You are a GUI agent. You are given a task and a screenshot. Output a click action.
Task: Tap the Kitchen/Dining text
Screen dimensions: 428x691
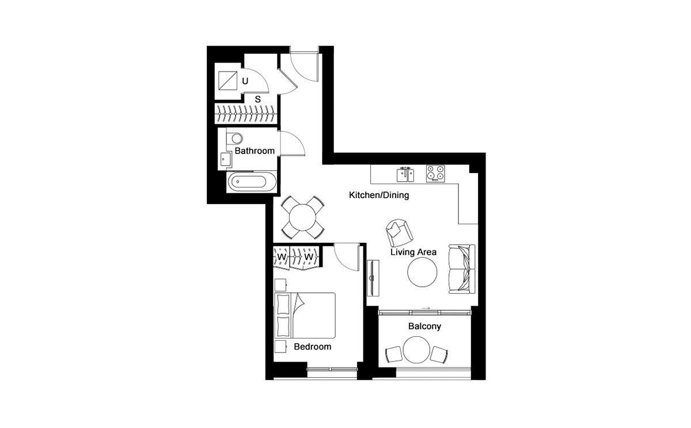pos(379,195)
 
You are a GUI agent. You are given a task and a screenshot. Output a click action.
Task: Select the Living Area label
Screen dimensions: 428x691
pos(413,252)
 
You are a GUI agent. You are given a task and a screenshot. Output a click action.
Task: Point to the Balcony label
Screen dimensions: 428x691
pos(424,326)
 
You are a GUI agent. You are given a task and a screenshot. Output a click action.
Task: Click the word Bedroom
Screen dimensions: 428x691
pos(312,347)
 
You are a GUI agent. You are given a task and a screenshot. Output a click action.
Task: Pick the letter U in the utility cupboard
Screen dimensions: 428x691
pos(245,81)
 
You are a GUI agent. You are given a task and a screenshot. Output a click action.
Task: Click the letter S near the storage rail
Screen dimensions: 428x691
pos(258,99)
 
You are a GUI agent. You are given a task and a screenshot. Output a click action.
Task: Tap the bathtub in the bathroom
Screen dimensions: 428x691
pos(248,183)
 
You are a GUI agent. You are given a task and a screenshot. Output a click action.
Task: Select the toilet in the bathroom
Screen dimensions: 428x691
pos(233,138)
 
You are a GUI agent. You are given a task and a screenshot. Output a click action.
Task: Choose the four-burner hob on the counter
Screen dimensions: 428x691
pos(435,173)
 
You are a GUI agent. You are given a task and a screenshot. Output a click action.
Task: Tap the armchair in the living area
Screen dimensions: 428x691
pos(398,232)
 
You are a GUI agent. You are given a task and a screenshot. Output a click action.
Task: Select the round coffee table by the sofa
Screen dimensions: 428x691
pos(423,273)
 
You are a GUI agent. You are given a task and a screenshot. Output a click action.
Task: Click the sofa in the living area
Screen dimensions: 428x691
pos(462,269)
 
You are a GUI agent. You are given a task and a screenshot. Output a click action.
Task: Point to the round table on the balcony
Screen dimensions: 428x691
pos(416,350)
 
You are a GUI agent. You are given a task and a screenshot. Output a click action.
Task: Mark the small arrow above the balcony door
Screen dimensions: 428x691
pos(426,308)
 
